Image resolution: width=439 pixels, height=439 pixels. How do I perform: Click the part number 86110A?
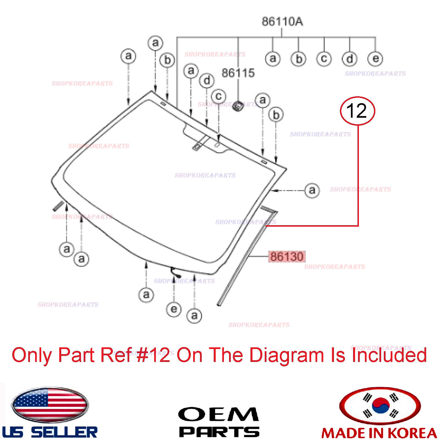(282, 22)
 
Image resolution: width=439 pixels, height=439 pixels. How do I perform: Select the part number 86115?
(238, 73)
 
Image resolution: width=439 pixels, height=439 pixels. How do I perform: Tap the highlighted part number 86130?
(286, 256)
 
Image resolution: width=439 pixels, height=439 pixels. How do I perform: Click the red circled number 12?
(357, 111)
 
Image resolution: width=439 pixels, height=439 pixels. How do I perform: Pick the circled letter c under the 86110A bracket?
(324, 59)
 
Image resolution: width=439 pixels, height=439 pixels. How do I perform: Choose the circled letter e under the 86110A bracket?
(375, 59)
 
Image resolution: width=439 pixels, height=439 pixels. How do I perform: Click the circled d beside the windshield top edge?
(207, 80)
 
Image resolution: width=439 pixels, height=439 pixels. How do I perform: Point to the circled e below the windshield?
(174, 309)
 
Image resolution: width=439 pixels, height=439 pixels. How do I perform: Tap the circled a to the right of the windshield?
(312, 190)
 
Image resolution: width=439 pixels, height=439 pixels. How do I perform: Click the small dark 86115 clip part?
(238, 106)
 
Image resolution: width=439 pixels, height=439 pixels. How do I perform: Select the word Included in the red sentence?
(389, 355)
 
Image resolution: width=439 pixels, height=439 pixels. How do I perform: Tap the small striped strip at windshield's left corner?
(58, 206)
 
